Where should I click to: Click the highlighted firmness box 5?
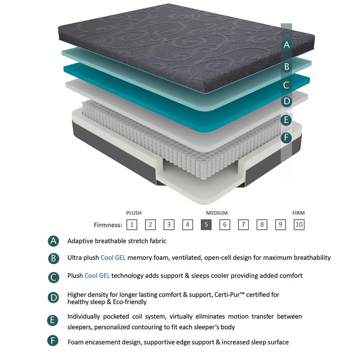click(x=206, y=224)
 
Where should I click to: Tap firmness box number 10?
click(x=299, y=224)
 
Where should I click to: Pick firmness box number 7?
click(x=243, y=224)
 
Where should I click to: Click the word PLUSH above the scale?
click(x=134, y=213)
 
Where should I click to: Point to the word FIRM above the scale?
click(x=299, y=213)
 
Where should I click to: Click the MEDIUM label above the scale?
click(x=217, y=213)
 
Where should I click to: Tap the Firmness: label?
click(x=108, y=225)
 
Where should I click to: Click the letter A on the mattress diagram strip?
click(x=287, y=45)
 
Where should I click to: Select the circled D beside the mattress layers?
click(x=287, y=102)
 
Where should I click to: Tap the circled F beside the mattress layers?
click(x=287, y=138)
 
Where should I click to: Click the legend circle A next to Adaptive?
click(x=53, y=241)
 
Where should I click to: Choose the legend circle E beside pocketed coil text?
click(x=53, y=321)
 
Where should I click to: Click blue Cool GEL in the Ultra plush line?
click(x=113, y=258)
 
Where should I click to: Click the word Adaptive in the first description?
click(x=80, y=241)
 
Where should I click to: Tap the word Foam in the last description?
click(x=76, y=342)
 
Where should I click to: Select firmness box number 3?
click(x=169, y=224)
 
